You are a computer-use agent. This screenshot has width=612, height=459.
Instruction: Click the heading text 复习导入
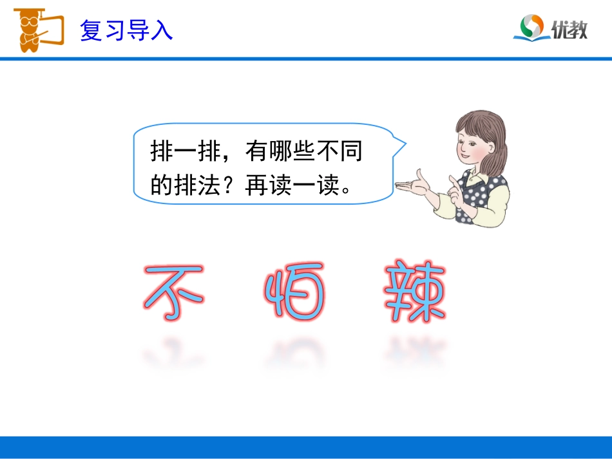pyautogui.click(x=126, y=30)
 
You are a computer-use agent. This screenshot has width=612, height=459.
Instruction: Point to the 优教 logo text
pyautogui.click(x=569, y=29)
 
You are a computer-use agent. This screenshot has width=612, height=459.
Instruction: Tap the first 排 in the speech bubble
pyautogui.click(x=162, y=153)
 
